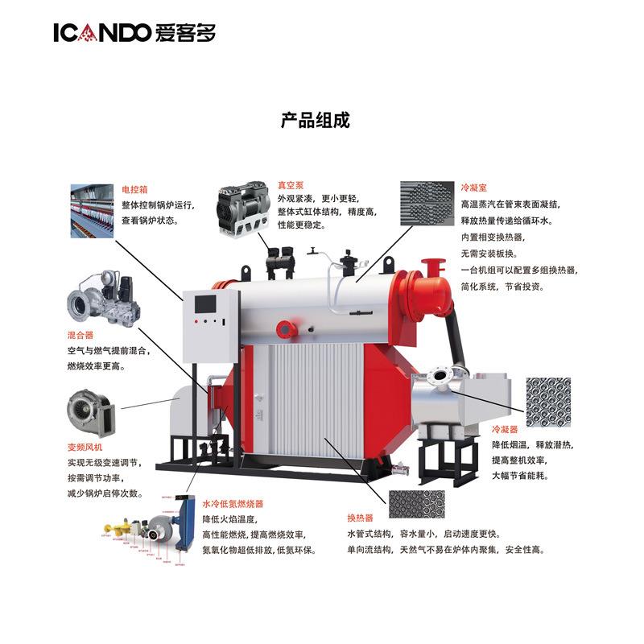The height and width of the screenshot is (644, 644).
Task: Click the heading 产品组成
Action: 315,121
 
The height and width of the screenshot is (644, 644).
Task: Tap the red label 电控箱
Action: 134,190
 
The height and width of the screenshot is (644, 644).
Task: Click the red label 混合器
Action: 80,334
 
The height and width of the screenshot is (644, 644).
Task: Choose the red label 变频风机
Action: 85,447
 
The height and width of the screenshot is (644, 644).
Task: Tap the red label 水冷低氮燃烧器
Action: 232,504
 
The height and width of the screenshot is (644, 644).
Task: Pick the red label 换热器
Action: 360,518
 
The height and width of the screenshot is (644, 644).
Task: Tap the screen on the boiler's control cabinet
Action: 204,303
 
